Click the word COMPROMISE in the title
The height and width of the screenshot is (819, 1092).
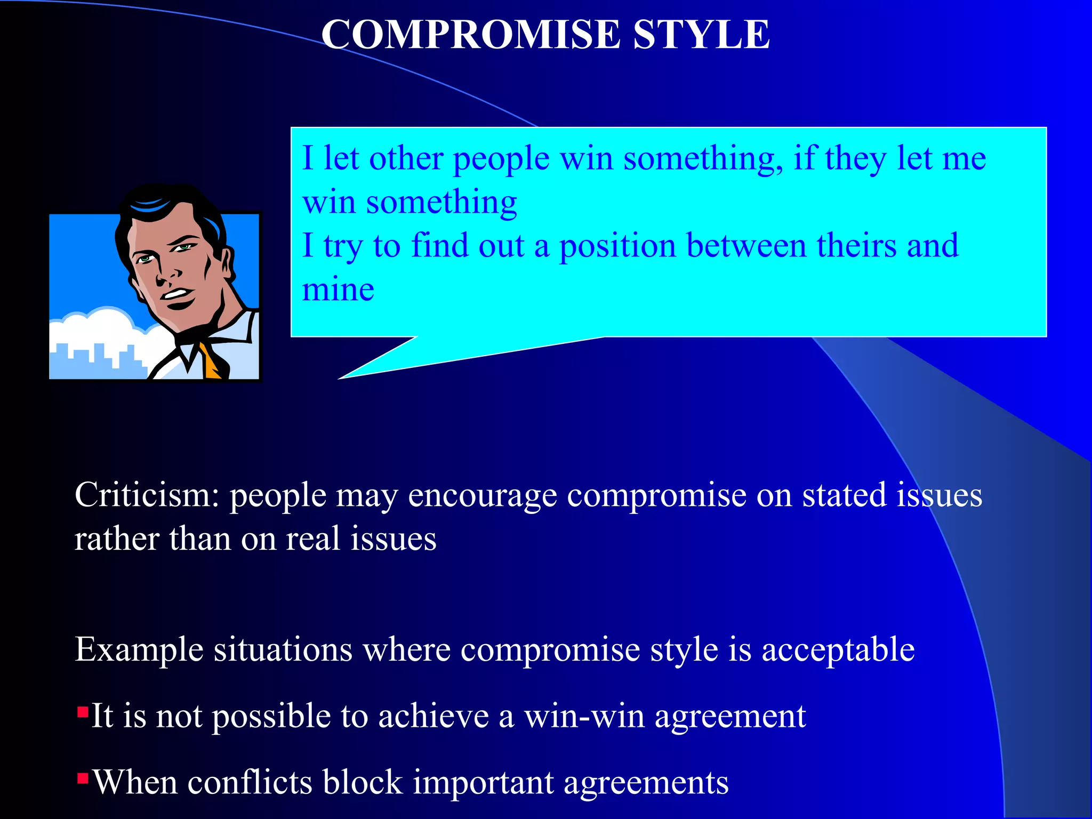471,35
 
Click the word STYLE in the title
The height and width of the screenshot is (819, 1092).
701,35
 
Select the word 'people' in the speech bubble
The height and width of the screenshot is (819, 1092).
501,159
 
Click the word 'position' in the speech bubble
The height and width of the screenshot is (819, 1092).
617,246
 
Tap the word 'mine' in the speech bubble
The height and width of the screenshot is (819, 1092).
338,290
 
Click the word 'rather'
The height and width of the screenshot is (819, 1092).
116,539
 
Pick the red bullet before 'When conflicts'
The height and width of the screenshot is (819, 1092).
83,779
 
